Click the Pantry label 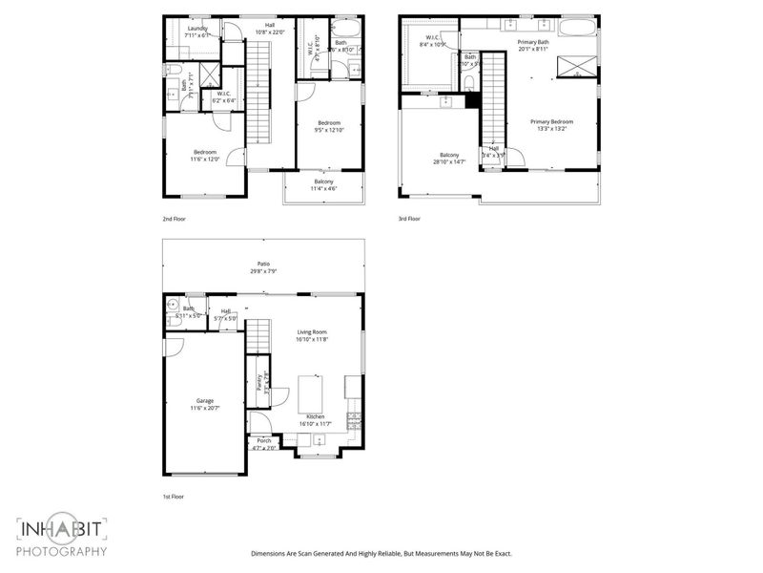[258, 382]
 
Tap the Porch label [263, 440]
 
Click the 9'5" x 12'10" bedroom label [329, 128]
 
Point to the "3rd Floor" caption [408, 219]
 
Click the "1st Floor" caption [173, 497]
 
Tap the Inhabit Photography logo [62, 537]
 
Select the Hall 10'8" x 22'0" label [270, 29]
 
